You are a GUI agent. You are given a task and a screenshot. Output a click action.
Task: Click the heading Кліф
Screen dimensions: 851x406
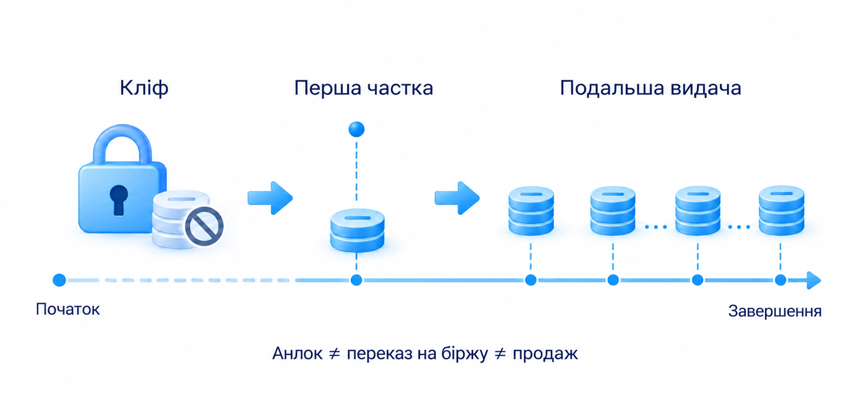pyautogui.click(x=144, y=88)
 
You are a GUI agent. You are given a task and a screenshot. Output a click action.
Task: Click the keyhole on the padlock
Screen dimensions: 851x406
pyautogui.click(x=118, y=200)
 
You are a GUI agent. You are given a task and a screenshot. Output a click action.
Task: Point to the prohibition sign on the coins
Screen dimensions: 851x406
pyautogui.click(x=204, y=227)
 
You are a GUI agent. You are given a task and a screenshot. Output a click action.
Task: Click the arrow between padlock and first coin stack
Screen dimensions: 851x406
pyautogui.click(x=270, y=198)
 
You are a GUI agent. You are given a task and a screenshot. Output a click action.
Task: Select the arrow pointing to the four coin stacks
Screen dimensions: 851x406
pyautogui.click(x=457, y=198)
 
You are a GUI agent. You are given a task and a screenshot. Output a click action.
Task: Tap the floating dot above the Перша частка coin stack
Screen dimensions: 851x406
pyautogui.click(x=356, y=129)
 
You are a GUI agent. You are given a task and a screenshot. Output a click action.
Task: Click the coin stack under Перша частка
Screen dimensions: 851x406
pyautogui.click(x=357, y=230)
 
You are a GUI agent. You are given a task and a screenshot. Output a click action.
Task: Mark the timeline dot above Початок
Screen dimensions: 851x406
pyautogui.click(x=59, y=280)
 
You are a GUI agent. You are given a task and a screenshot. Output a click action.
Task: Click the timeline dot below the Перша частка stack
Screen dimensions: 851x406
pyautogui.click(x=356, y=280)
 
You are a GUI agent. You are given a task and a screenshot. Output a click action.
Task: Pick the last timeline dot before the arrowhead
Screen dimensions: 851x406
pyautogui.click(x=780, y=280)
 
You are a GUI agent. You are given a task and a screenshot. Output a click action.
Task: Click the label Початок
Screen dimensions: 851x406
pyautogui.click(x=68, y=310)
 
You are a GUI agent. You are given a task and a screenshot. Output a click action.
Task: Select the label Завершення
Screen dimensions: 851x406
pyautogui.click(x=775, y=311)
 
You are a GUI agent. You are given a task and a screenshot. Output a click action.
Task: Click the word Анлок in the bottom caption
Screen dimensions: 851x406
pyautogui.click(x=297, y=354)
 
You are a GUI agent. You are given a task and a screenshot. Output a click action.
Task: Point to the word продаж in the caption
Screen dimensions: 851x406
pyautogui.click(x=545, y=354)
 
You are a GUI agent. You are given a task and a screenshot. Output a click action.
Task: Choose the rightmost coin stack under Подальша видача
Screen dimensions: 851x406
pyautogui.click(x=781, y=211)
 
